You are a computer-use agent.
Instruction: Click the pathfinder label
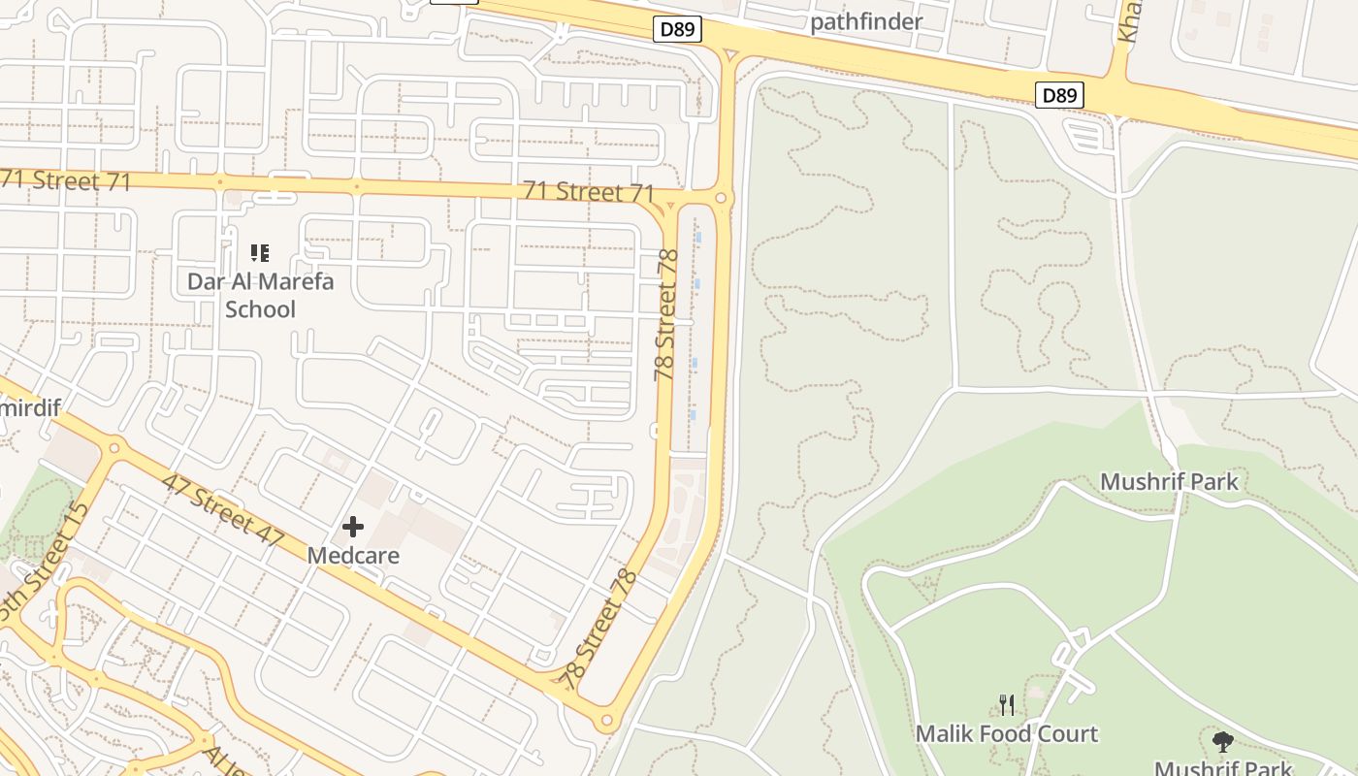click(x=866, y=20)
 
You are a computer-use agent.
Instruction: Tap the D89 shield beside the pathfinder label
click(x=677, y=29)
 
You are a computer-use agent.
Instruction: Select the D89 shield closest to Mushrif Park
click(x=1059, y=95)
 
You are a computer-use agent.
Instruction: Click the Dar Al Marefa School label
click(x=260, y=295)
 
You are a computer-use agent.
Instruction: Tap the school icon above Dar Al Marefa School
click(x=259, y=253)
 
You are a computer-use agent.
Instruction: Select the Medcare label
click(x=353, y=556)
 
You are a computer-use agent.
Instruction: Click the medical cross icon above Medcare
click(x=353, y=527)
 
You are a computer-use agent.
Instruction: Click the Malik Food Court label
click(x=1007, y=733)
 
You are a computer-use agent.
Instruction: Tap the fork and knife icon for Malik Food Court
click(x=1007, y=705)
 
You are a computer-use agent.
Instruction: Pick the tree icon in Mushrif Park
click(x=1223, y=742)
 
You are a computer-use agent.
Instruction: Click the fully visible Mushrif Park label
click(x=1169, y=481)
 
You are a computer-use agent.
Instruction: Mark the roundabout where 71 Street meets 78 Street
click(x=721, y=199)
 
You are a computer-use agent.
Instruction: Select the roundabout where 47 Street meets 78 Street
click(x=607, y=720)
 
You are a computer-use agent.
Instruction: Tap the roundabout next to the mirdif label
click(x=115, y=448)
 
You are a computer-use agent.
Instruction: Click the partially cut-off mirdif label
click(x=29, y=407)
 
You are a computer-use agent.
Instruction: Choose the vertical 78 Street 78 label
click(x=666, y=315)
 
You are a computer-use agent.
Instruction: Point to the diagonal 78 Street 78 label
click(x=600, y=630)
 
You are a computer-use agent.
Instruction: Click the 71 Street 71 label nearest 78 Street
click(x=589, y=191)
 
